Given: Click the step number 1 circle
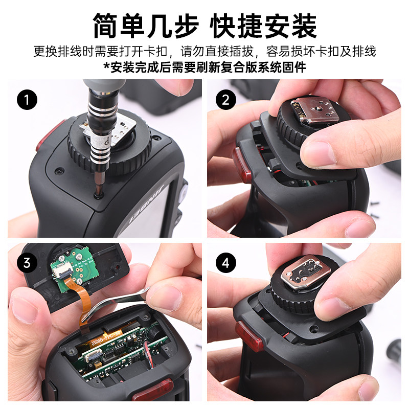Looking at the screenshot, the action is point(27,100).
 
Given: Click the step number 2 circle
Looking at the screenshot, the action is point(225,100).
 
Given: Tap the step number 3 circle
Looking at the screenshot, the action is point(27,263).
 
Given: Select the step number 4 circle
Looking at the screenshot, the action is point(225,263).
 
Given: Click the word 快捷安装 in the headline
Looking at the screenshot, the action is point(263,26).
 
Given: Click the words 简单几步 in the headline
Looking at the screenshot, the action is point(146,26).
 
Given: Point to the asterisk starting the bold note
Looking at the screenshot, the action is point(106,66).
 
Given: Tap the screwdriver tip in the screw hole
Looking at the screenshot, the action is point(99,193).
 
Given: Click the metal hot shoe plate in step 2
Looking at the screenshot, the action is point(315,111).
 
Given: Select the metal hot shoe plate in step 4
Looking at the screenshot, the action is point(305,272).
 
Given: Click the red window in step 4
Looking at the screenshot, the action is point(249,336).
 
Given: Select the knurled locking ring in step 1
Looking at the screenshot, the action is point(109,150).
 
